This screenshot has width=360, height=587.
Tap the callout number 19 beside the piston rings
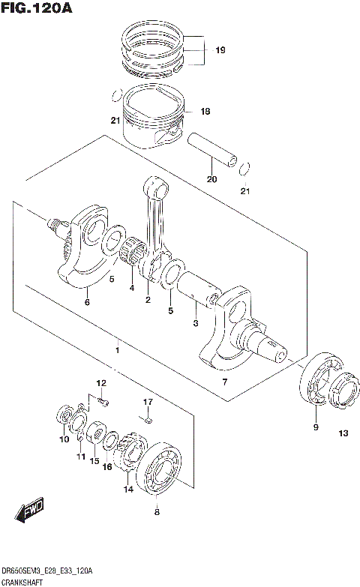(220, 51)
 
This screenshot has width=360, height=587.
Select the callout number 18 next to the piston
(205, 112)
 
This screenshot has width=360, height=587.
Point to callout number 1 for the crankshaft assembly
(117, 350)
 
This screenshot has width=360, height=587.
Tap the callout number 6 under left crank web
(87, 302)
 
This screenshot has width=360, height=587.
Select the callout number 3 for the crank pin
(195, 323)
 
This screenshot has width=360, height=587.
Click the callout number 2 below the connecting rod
(148, 301)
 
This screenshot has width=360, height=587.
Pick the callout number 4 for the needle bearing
(131, 289)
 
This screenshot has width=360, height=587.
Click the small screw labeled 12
(103, 403)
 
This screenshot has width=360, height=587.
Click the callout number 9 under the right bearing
(315, 427)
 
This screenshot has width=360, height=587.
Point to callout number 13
(343, 433)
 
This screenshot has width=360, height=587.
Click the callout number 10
(63, 439)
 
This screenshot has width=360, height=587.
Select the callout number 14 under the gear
(128, 489)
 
